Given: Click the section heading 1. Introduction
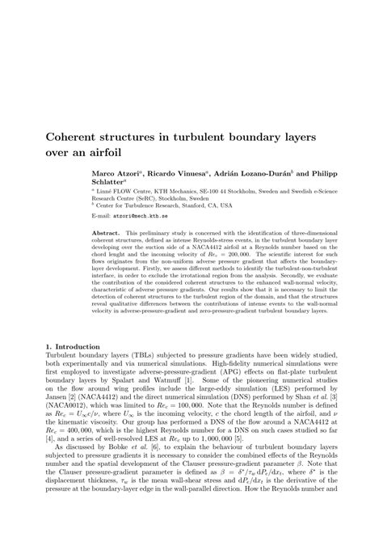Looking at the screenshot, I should point(73,346).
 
